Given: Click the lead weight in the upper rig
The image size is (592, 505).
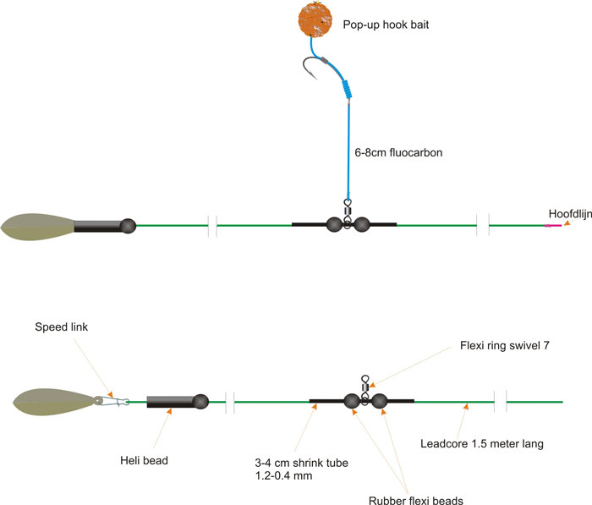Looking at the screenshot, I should [38, 226].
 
